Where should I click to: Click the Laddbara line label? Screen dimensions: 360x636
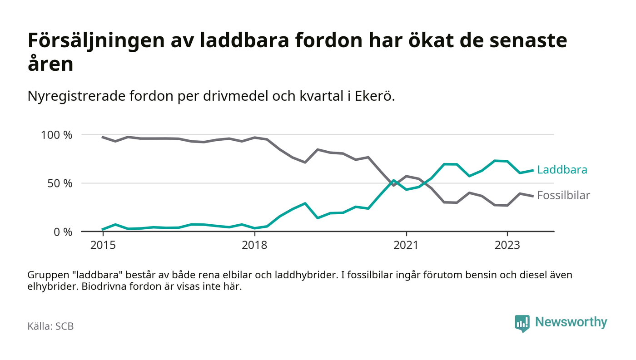click(x=562, y=170)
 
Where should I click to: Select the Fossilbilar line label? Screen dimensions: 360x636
click(x=563, y=196)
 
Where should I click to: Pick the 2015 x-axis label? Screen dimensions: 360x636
click(x=103, y=245)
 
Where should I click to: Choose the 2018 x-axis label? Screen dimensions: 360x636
click(x=255, y=245)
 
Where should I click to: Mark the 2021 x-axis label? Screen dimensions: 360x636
click(x=406, y=245)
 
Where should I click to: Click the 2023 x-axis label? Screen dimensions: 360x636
click(x=507, y=245)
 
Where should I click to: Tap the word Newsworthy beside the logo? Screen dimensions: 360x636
click(x=571, y=322)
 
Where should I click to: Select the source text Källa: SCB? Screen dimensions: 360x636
click(x=50, y=326)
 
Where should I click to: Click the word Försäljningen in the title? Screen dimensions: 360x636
click(x=90, y=41)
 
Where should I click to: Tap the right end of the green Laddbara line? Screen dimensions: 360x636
click(x=533, y=170)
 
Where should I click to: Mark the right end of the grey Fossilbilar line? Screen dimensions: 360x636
click(x=533, y=196)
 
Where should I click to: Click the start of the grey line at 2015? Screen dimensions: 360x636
click(x=103, y=137)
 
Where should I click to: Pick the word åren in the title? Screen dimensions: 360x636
click(x=50, y=64)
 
